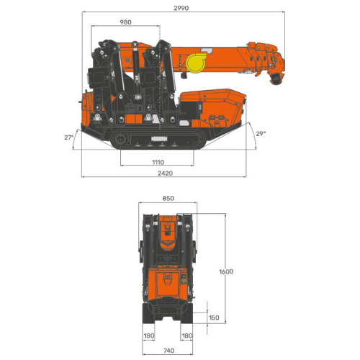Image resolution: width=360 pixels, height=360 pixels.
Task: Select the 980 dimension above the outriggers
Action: click(x=126, y=22)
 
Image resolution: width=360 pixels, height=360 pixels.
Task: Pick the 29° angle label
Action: click(x=260, y=133)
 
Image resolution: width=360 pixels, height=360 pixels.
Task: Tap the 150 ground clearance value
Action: click(x=214, y=318)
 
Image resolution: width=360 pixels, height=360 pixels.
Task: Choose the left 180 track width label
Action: click(x=148, y=336)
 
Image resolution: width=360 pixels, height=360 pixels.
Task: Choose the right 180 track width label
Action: click(x=187, y=336)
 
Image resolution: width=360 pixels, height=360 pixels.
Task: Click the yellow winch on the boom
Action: click(x=196, y=66)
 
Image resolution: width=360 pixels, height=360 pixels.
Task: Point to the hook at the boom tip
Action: click(x=275, y=79)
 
